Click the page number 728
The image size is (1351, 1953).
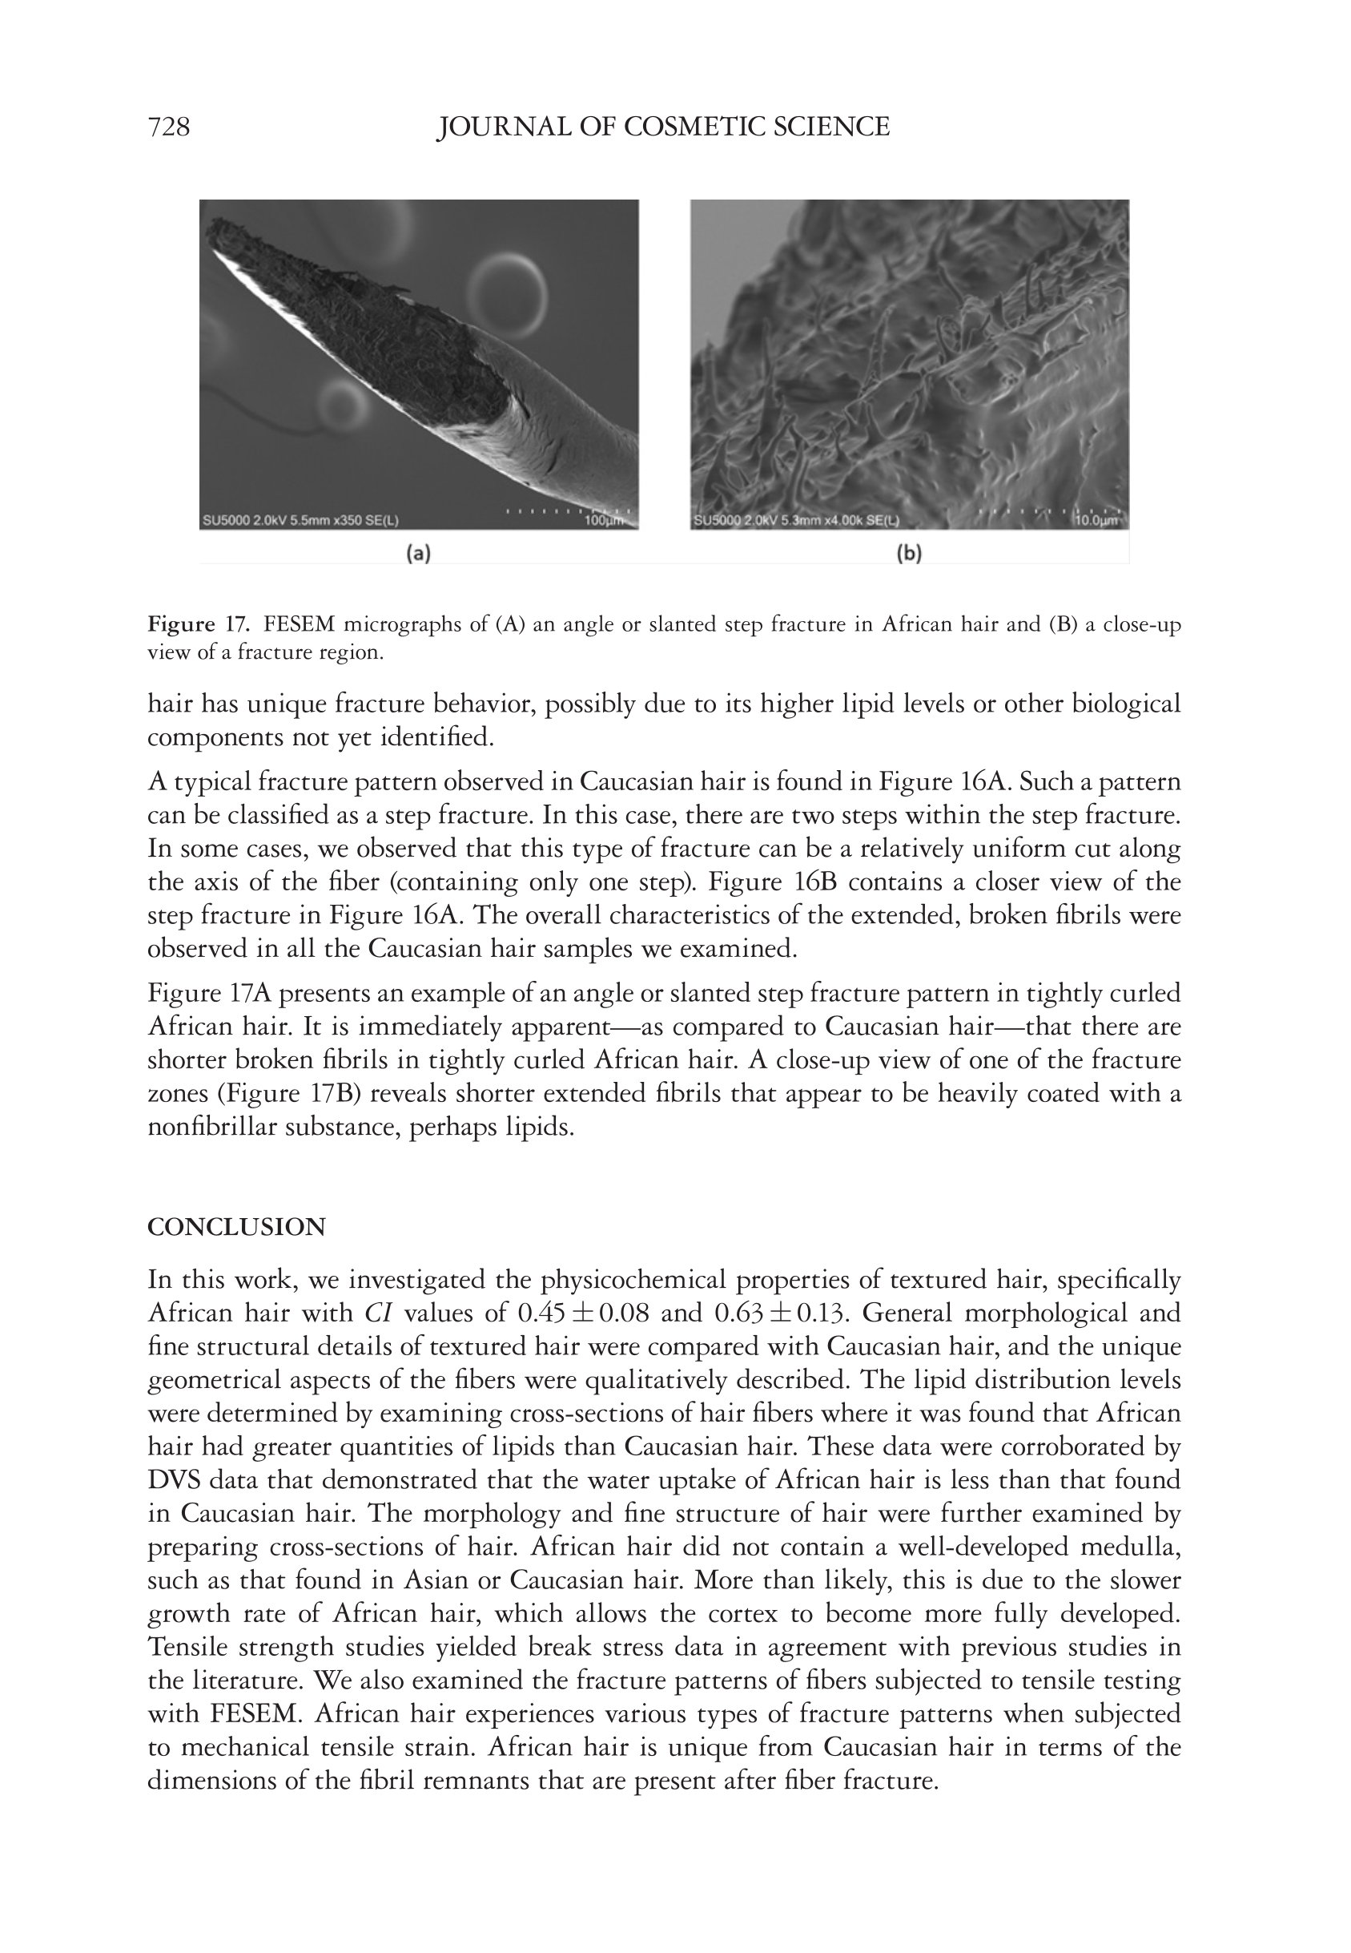168,127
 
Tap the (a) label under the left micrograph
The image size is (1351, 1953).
418,554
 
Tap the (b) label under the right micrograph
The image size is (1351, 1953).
908,554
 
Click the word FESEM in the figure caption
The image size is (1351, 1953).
300,625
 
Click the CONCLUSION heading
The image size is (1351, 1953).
236,1227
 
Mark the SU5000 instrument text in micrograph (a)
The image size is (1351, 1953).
223,521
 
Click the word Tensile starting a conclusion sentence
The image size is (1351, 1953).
183,1648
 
